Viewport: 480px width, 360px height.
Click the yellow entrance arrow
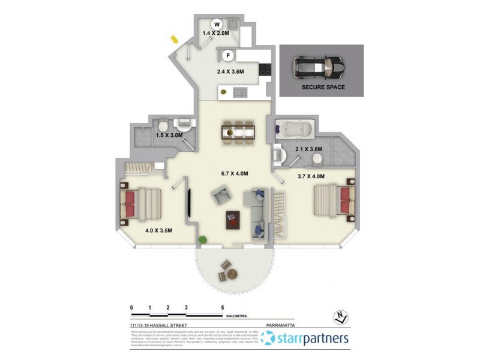point(175,40)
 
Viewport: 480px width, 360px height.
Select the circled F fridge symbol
point(228,56)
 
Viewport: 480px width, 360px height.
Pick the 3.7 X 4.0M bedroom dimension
point(311,176)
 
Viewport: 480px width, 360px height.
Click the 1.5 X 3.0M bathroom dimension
point(169,136)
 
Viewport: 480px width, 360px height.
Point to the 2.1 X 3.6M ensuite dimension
point(309,149)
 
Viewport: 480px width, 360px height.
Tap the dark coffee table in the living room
point(233,220)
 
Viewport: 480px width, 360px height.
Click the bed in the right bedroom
point(332,200)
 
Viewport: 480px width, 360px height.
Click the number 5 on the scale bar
point(223,307)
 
